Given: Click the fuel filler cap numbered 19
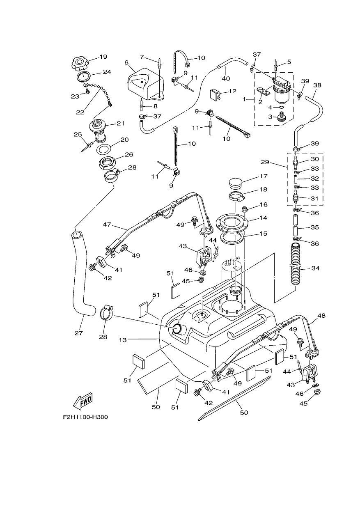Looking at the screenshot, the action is (x=80, y=64).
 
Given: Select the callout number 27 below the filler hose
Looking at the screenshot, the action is (x=79, y=333).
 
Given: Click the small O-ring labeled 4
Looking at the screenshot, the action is (x=281, y=107).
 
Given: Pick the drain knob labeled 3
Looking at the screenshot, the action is (x=280, y=117).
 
